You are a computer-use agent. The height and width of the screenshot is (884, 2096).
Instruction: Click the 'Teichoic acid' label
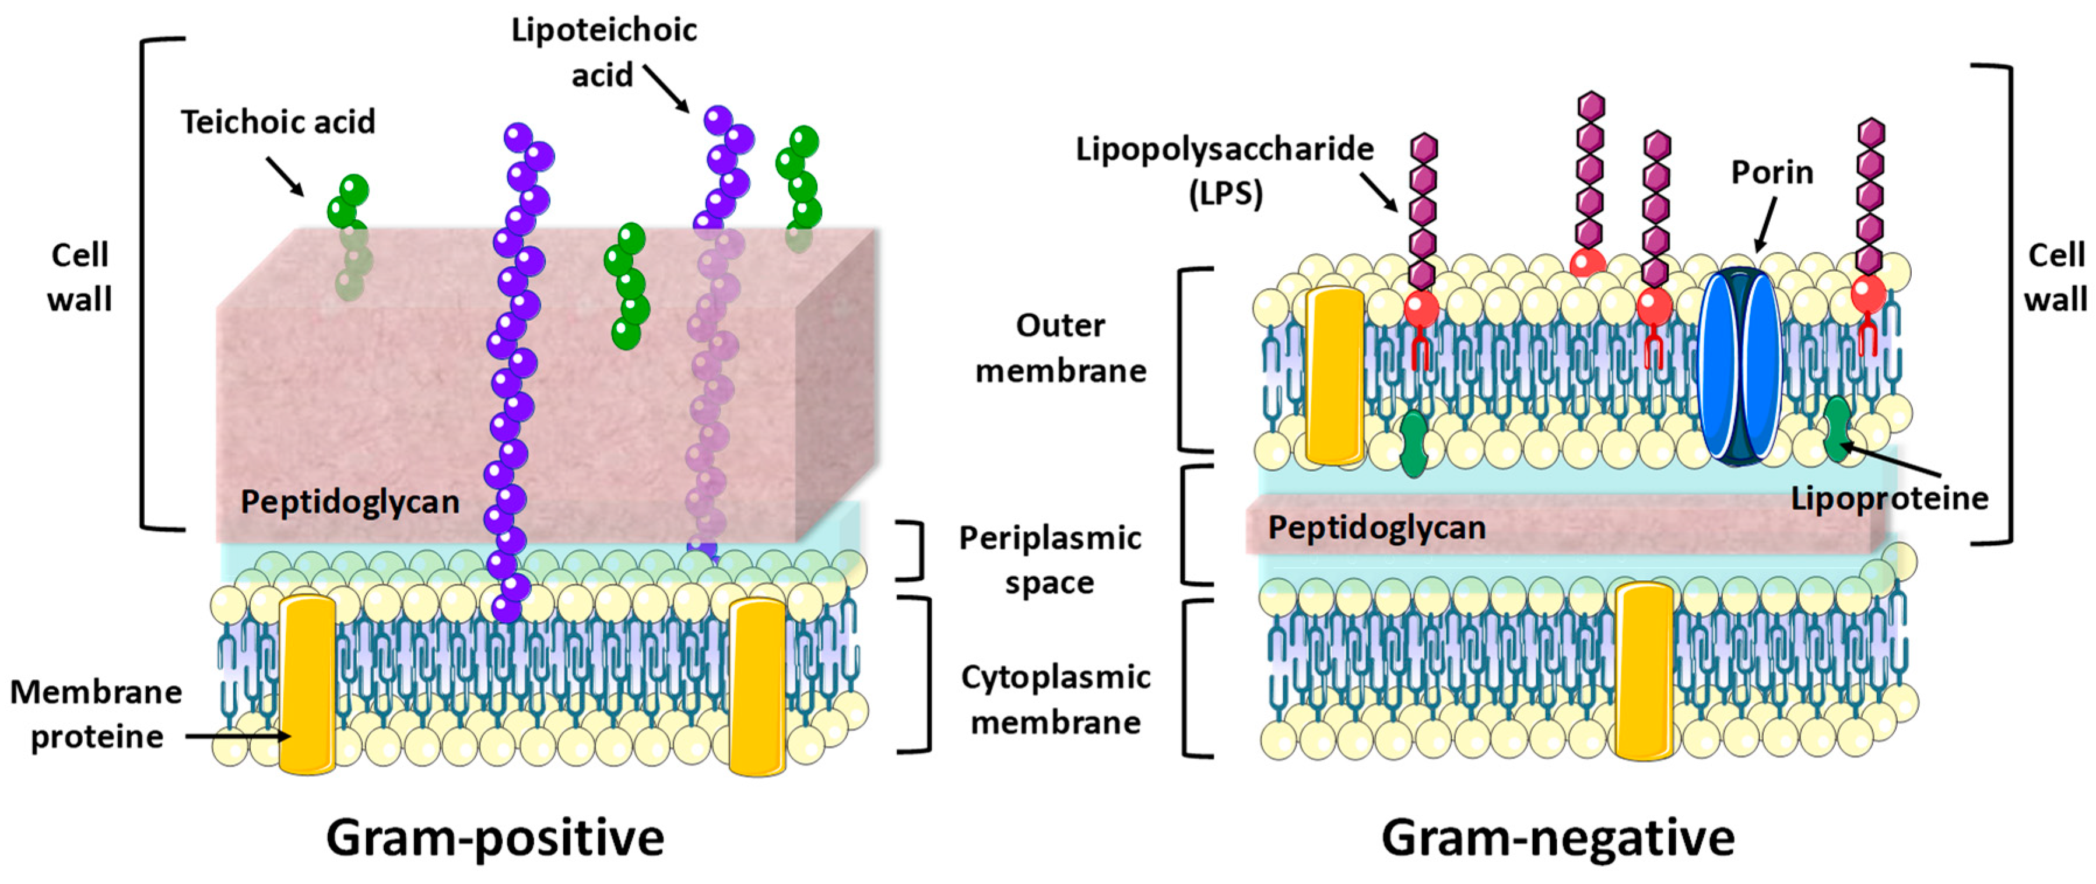click(278, 122)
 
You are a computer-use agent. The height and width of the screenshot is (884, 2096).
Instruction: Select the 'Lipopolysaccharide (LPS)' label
click(1224, 171)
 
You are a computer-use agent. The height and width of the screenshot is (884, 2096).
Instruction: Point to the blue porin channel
click(1740, 366)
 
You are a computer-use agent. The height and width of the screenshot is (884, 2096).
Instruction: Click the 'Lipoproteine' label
click(1890, 498)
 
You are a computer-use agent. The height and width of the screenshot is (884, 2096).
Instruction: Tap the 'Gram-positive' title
click(495, 839)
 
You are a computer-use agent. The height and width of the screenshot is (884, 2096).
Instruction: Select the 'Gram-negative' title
click(1557, 839)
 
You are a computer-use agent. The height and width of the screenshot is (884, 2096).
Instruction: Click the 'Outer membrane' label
click(1060, 348)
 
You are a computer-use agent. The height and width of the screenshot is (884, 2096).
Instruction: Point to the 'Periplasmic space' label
click(1049, 560)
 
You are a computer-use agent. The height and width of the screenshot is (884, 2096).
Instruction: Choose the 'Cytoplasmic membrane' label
click(1055, 699)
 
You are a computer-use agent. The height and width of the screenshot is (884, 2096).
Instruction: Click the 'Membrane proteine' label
click(96, 714)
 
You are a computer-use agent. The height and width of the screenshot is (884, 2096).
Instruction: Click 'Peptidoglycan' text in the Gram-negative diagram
click(1377, 528)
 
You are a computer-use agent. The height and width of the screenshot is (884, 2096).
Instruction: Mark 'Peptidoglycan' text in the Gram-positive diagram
click(350, 502)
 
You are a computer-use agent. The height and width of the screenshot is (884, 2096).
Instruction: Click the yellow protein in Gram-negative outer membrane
click(1335, 376)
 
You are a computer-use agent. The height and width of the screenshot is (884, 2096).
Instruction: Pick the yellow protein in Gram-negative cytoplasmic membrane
click(1644, 672)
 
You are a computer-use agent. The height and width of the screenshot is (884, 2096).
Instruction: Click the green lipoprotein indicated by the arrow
click(1837, 428)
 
